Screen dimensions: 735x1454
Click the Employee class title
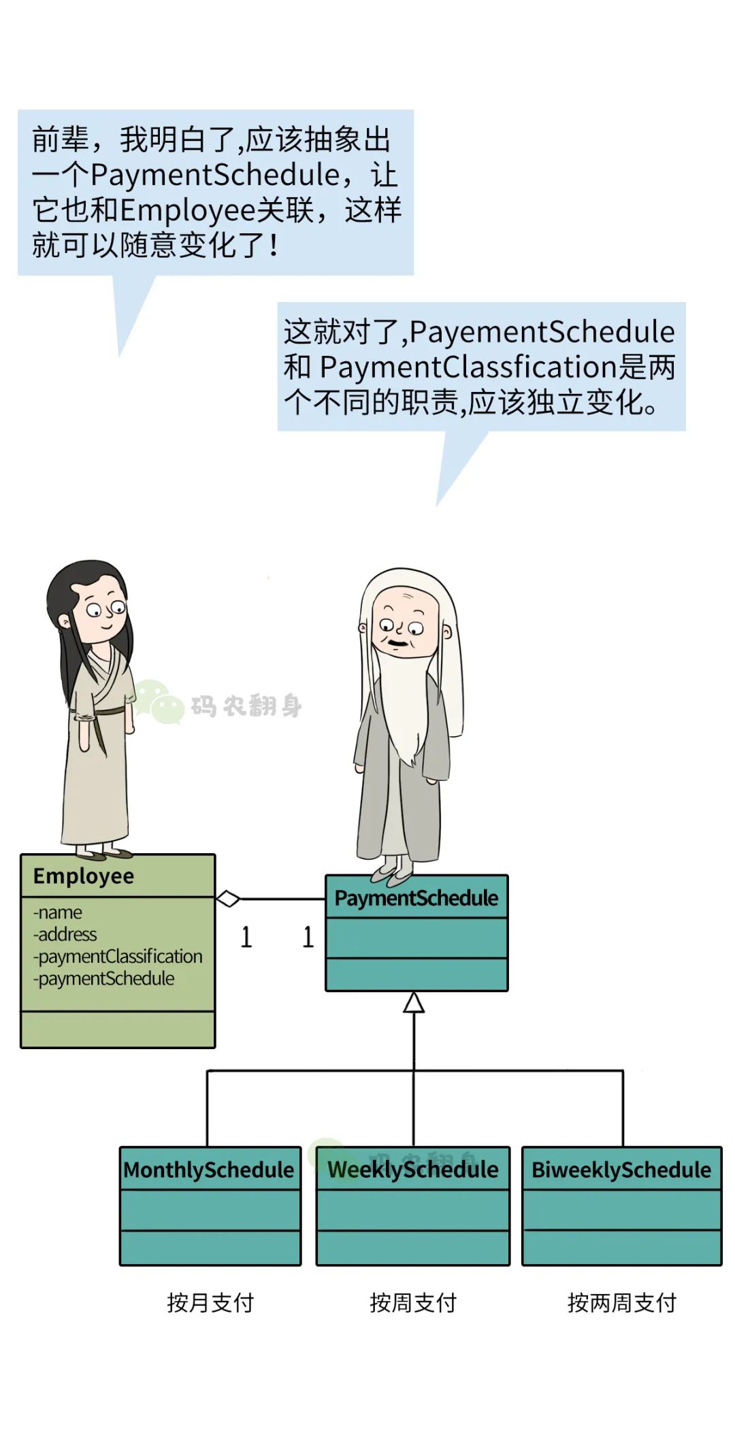click(x=84, y=876)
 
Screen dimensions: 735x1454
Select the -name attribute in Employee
click(x=58, y=912)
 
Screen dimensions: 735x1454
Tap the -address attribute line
click(x=65, y=934)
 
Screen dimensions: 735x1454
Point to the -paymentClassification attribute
click(x=118, y=957)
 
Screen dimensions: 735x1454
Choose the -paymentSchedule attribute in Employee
click(x=104, y=978)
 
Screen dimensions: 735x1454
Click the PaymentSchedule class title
click(x=416, y=898)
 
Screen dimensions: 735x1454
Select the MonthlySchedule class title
click(x=209, y=1170)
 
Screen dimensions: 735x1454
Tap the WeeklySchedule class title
click(x=413, y=1170)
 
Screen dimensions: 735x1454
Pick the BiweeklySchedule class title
click(x=621, y=1170)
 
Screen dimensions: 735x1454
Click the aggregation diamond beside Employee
click(x=228, y=899)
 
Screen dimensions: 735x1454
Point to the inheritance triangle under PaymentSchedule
click(x=414, y=1002)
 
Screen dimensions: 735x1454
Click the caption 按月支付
click(x=210, y=1303)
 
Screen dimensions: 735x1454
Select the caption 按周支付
click(x=413, y=1303)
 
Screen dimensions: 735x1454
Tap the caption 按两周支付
click(x=622, y=1303)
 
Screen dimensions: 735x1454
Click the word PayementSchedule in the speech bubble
click(x=542, y=332)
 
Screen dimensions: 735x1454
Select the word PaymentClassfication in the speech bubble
click(x=468, y=367)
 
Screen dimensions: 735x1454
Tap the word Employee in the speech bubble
click(x=188, y=210)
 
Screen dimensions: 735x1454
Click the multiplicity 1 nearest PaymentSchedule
click(x=308, y=937)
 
